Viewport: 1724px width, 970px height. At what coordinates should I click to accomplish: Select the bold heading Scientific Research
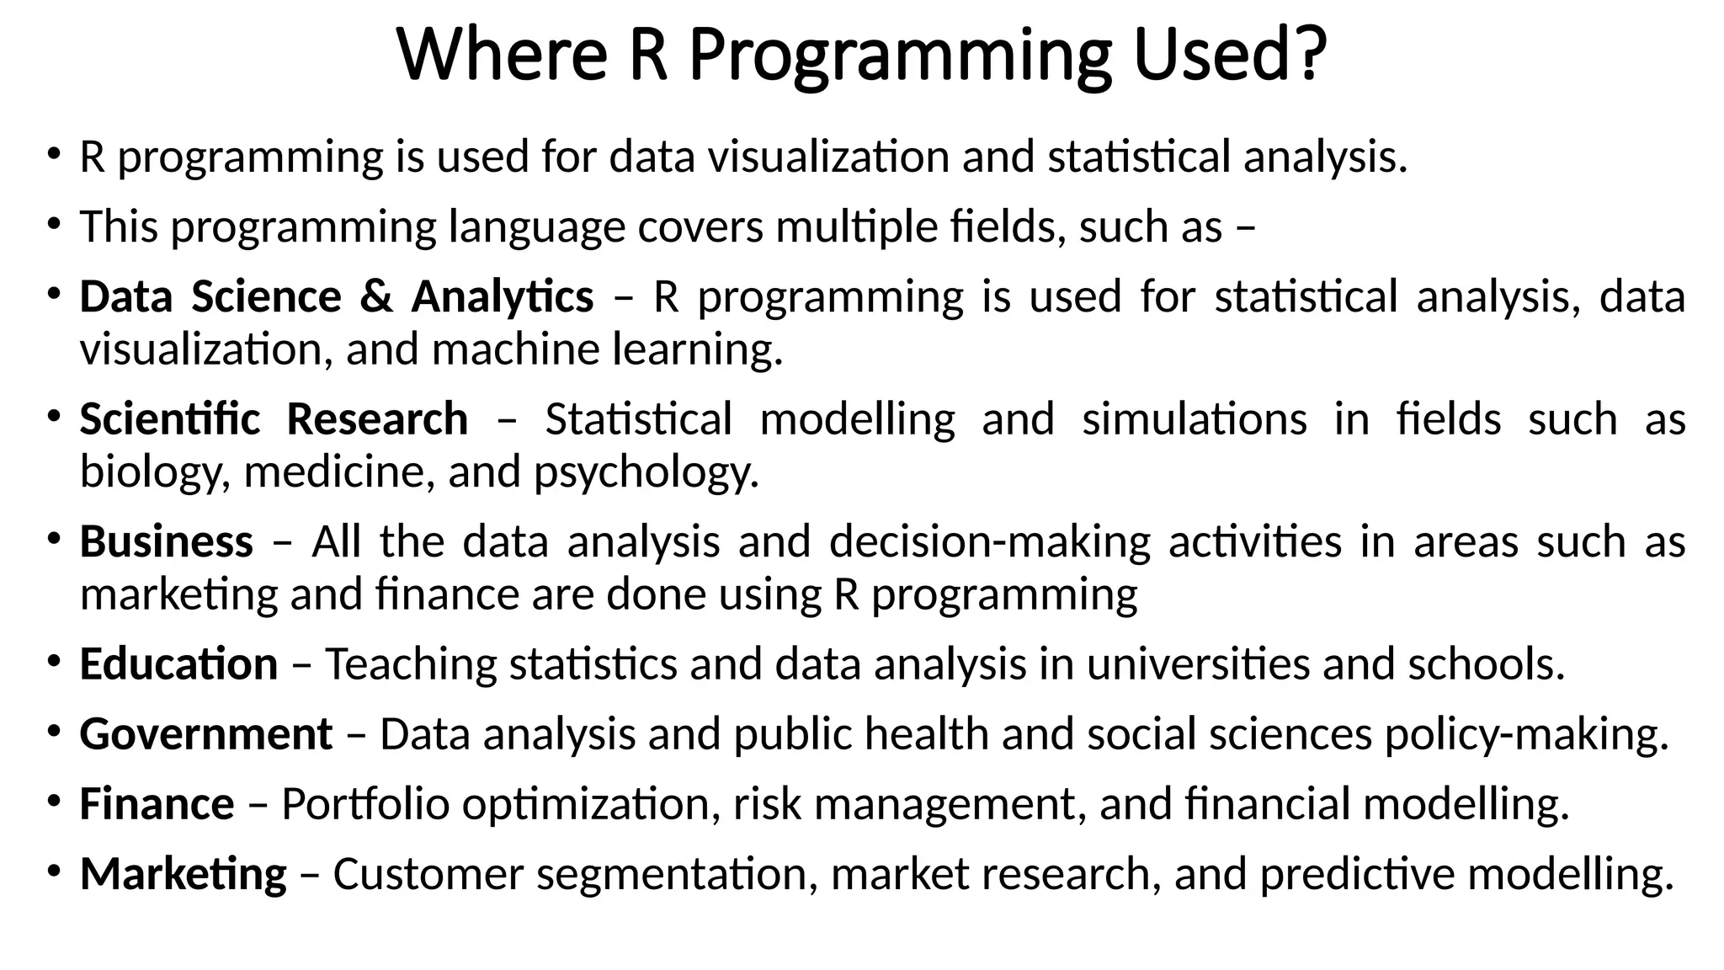274,419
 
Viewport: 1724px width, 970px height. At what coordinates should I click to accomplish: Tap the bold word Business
166,541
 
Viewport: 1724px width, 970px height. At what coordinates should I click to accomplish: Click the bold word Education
178,664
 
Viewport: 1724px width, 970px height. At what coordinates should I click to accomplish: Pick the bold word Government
205,734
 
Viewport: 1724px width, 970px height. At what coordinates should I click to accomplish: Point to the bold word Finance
157,804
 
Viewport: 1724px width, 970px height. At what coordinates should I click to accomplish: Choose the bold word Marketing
183,874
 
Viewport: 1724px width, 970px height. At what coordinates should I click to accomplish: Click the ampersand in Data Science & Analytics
376,296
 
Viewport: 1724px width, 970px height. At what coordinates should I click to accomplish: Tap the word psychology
646,472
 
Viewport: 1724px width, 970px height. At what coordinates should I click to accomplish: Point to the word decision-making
989,541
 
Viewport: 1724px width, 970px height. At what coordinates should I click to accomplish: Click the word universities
1198,664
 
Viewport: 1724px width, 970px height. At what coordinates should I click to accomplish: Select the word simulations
1194,419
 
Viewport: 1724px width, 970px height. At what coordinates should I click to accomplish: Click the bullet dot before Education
54,661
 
